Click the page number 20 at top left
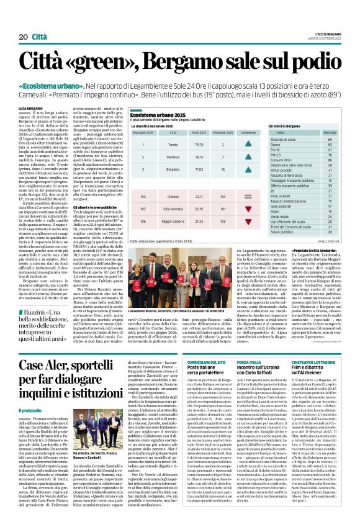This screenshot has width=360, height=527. pyautogui.click(x=23, y=37)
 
